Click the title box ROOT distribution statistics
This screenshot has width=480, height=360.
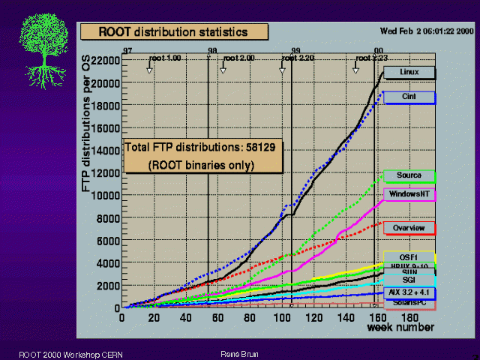[x=173, y=31]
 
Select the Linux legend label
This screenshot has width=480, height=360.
[x=409, y=73]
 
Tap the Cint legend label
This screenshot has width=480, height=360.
[x=409, y=97]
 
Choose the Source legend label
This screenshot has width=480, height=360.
[x=409, y=176]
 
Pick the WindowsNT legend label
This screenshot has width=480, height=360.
[x=409, y=194]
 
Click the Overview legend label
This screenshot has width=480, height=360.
[x=409, y=228]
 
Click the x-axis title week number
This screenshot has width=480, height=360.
[x=400, y=327]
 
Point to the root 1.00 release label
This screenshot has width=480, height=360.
[x=165, y=58]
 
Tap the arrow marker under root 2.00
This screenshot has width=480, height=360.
[x=223, y=70]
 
